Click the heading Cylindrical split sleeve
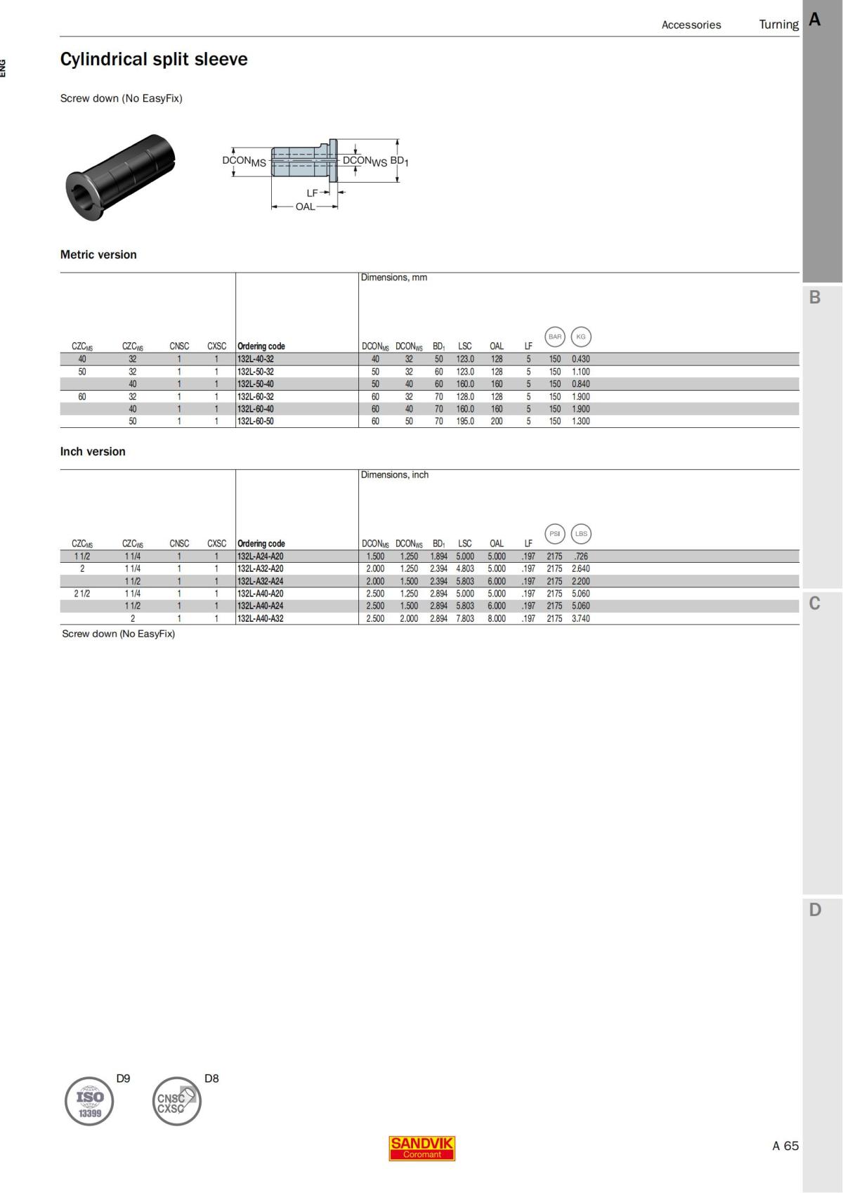tap(154, 59)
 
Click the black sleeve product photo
tap(120, 177)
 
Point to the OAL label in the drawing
tap(305, 207)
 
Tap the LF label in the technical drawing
tap(313, 193)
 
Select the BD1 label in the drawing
tap(399, 161)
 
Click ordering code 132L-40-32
tap(256, 359)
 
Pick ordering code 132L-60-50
tap(256, 422)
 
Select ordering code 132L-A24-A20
tap(261, 556)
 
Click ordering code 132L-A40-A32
tap(261, 619)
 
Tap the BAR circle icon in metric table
tap(555, 337)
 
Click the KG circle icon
tap(581, 337)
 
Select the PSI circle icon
tap(555, 533)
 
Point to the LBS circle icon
tap(581, 533)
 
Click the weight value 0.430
tap(581, 359)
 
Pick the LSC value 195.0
tap(465, 422)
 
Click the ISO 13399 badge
tap(89, 1101)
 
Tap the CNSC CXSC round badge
tap(176, 1101)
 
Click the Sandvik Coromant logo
tap(421, 1148)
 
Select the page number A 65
tap(785, 1146)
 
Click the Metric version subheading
tap(98, 255)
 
